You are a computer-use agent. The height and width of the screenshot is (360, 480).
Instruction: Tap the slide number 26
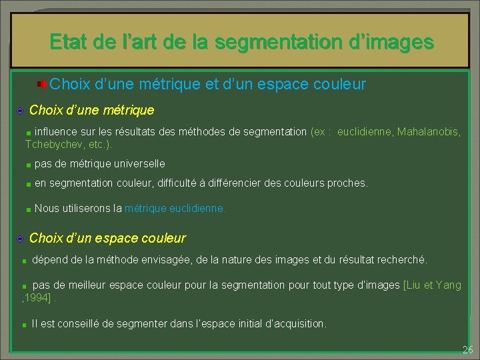coord(467,350)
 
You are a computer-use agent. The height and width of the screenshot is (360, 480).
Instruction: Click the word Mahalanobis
coord(428,132)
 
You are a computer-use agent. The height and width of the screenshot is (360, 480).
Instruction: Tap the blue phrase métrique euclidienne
coord(175,209)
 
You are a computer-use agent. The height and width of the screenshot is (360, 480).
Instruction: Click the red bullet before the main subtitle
coord(41,85)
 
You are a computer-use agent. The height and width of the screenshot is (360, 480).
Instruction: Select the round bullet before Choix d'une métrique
coord(21,110)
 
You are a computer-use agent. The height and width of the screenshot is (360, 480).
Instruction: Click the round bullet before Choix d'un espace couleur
coord(21,239)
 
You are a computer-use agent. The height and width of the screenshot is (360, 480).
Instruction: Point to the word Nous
coord(46,209)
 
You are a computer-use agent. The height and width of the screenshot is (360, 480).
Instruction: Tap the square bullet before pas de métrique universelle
coord(29,165)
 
